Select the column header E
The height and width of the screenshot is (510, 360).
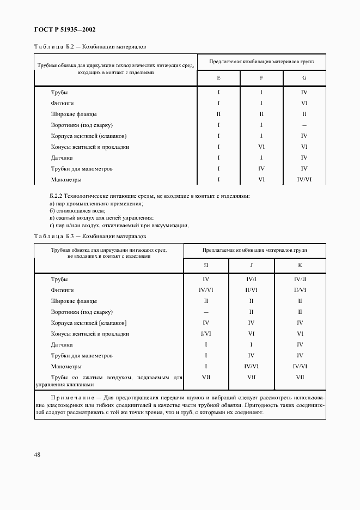[218, 78]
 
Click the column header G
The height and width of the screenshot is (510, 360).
[304, 78]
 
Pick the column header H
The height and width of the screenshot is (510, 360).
[206, 265]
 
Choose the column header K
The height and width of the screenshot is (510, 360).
[300, 265]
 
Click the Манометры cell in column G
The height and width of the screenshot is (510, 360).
[304, 179]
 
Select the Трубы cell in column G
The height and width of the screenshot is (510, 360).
[304, 93]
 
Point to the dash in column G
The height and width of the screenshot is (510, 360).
[304, 125]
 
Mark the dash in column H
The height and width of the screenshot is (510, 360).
[206, 312]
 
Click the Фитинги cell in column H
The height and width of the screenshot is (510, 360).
[206, 290]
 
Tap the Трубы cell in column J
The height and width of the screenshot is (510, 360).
[251, 279]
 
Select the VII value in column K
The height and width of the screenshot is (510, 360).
[300, 377]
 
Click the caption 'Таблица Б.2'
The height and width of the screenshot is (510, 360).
[52, 47]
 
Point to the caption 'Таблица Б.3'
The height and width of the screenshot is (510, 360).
[52, 236]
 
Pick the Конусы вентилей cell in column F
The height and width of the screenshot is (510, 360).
[261, 147]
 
